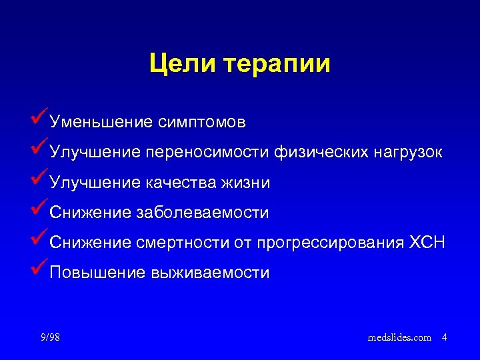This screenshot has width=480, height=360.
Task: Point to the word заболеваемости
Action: click(202, 213)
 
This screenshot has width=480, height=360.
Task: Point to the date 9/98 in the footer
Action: click(50, 337)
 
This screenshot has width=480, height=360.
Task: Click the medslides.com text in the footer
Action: click(399, 337)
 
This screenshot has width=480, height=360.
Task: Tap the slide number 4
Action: click(444, 337)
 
